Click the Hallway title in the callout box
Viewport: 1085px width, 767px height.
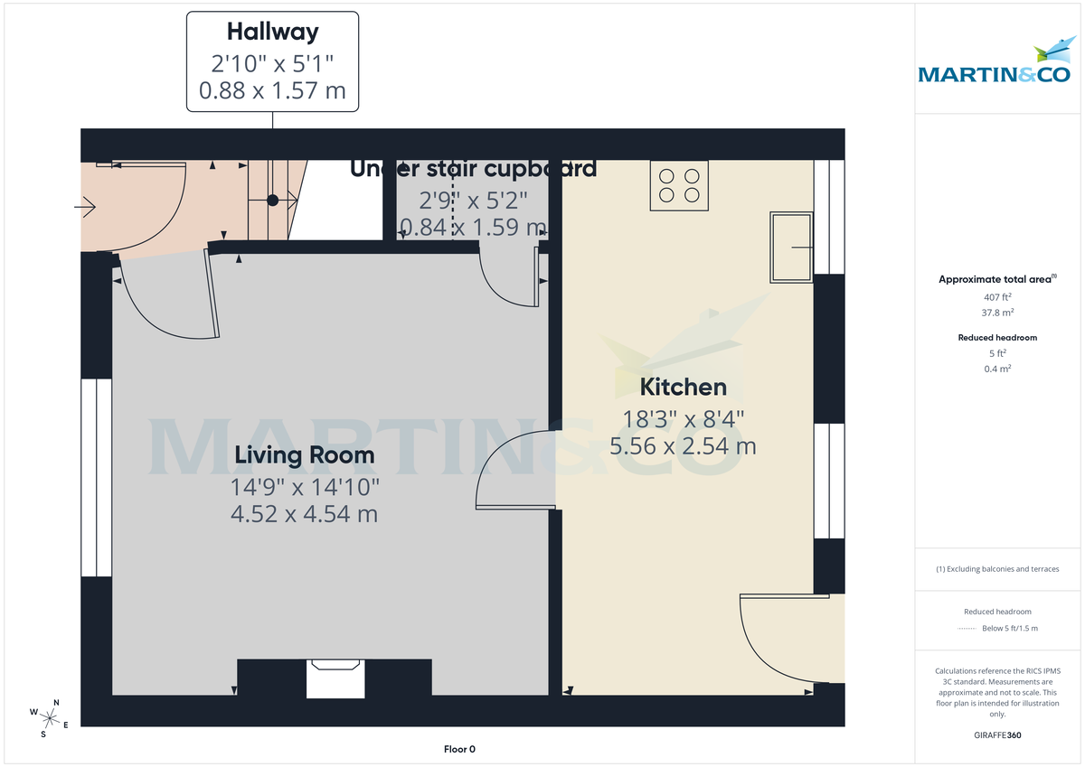click(272, 33)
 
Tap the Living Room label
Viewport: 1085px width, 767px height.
click(304, 455)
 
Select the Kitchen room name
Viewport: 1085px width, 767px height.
click(683, 388)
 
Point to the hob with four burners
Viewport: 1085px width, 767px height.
click(679, 185)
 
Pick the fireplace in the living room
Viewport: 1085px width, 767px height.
click(335, 678)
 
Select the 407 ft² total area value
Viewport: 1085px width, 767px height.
click(997, 297)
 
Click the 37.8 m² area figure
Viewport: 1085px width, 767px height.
click(997, 313)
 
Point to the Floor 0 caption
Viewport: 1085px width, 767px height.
click(459, 749)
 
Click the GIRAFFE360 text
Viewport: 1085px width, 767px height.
click(997, 735)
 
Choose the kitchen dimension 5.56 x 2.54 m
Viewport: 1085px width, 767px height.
click(683, 446)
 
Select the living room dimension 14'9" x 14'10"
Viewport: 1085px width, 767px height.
click(304, 487)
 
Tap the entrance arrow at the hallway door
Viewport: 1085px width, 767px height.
click(85, 209)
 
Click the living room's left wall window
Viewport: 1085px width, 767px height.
click(96, 477)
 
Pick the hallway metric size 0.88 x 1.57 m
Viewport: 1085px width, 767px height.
click(272, 92)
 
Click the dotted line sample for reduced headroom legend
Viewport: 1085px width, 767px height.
click(967, 628)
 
